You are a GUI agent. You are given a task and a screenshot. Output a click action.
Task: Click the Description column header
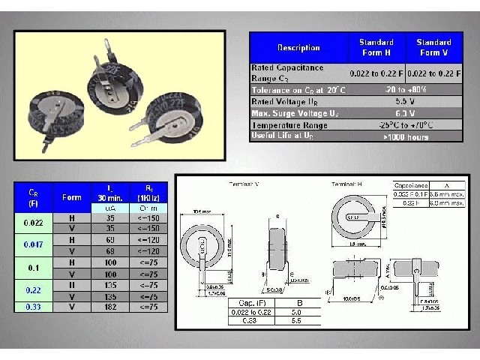[x=298, y=47]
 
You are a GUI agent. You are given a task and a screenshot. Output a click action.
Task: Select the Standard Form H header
[x=376, y=47]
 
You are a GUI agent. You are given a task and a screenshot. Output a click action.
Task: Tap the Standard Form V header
[x=433, y=47]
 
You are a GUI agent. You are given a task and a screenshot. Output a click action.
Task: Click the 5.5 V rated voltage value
[x=404, y=100]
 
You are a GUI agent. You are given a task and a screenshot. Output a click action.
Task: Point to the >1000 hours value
[x=404, y=136]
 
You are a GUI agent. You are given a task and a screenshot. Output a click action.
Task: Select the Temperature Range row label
[x=298, y=124]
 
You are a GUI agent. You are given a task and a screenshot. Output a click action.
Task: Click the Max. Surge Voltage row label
[x=298, y=112]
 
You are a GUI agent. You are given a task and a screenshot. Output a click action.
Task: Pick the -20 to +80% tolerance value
[x=404, y=89]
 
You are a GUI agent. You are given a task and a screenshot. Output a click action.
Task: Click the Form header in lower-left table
[x=72, y=197]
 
